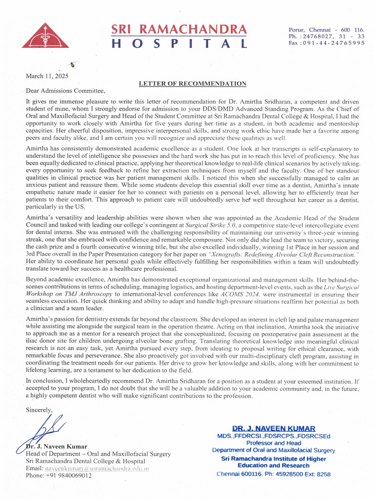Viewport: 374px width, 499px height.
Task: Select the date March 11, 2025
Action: (47, 76)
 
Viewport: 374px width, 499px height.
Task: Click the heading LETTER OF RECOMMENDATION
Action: (192, 84)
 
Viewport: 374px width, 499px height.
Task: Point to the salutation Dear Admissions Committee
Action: (65, 91)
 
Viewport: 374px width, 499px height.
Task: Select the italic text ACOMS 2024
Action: (247, 295)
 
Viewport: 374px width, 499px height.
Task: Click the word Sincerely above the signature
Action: (39, 410)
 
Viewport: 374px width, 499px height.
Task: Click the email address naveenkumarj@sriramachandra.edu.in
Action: (97, 468)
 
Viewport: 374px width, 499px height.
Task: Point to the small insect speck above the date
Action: (73, 63)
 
